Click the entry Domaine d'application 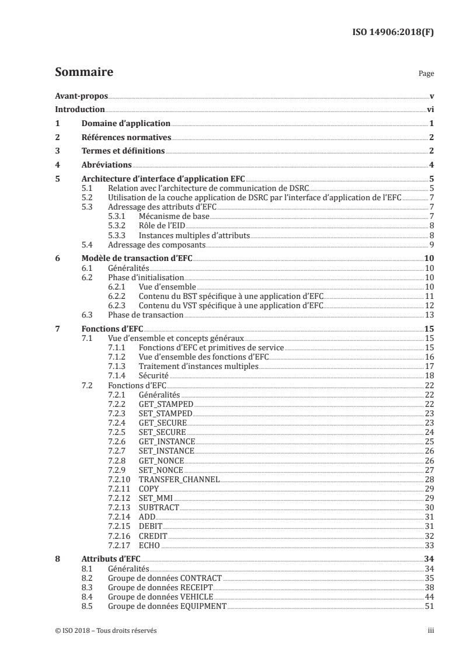point(125,124)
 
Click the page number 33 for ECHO point(429,545)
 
